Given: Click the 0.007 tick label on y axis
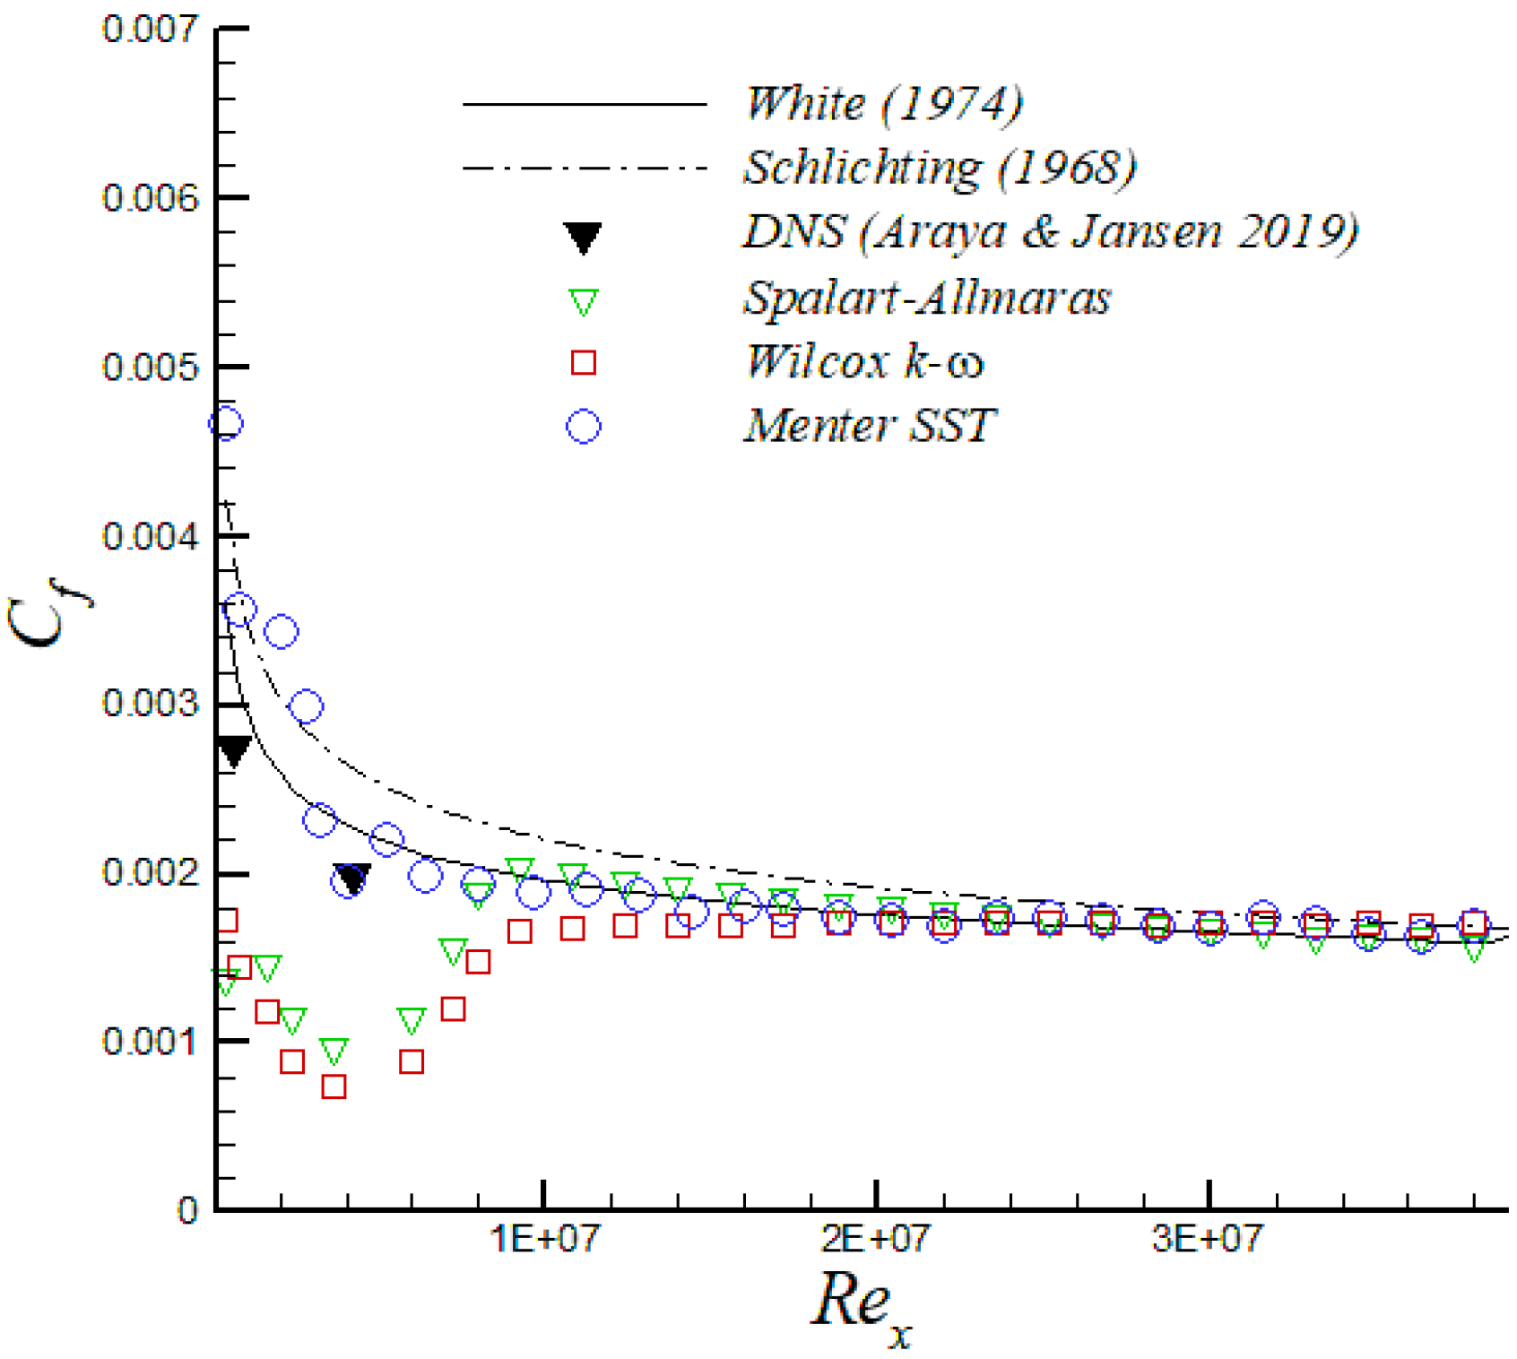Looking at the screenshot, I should [x=149, y=29].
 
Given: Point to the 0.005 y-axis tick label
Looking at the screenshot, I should [x=149, y=367].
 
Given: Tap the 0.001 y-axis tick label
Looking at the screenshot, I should [x=149, y=1042].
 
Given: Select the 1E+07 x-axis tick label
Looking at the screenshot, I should [x=543, y=1240].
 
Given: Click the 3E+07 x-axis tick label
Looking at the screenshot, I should [x=1208, y=1240].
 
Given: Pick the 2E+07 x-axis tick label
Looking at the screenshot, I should [x=875, y=1240].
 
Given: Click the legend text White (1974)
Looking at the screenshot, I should [x=883, y=104].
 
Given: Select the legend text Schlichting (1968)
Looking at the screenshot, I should [x=940, y=168].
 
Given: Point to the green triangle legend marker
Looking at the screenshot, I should [x=583, y=302].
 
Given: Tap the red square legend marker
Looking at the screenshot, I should [x=583, y=363].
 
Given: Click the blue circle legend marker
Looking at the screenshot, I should [x=583, y=427].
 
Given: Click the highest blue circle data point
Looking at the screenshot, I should [x=226, y=423].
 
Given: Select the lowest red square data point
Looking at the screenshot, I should [x=334, y=1086].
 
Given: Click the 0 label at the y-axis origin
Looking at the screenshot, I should [x=186, y=1211].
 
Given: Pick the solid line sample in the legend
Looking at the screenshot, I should [x=585, y=105].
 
